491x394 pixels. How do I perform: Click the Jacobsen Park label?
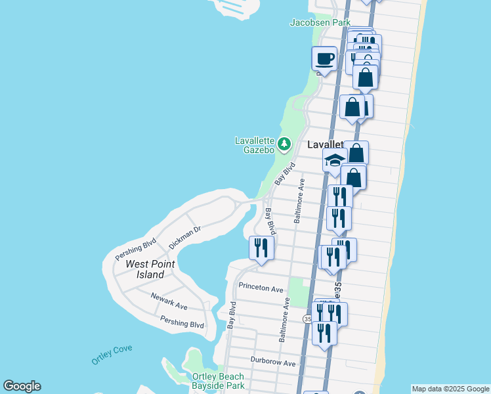click(320, 22)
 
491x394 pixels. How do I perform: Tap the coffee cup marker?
click(324, 58)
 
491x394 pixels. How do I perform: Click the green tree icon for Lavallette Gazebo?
click(284, 143)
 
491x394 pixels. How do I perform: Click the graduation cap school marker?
click(335, 160)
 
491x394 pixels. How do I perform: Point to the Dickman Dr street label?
click(184, 236)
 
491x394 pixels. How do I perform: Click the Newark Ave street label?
click(169, 302)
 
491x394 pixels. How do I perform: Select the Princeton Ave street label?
click(261, 288)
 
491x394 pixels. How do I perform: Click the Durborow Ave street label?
click(273, 362)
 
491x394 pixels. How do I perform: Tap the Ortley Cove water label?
click(112, 355)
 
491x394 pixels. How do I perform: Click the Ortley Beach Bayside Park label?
click(218, 381)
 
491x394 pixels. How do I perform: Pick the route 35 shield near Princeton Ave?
click(307, 318)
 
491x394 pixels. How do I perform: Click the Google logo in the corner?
click(22, 386)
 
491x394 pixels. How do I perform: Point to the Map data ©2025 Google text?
click(450, 389)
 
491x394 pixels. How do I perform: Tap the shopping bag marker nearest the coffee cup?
click(365, 77)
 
